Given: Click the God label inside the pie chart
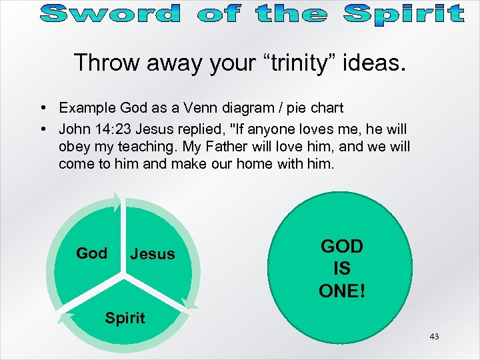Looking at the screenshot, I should [91, 253].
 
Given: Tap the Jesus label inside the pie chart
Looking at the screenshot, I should [153, 254].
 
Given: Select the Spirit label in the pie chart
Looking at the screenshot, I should [125, 318].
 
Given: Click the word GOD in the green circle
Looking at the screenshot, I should [342, 246].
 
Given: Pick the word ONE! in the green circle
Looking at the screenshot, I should [342, 291].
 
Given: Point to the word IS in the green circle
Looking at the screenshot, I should [342, 269].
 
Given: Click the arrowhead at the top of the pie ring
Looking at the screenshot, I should [117, 199].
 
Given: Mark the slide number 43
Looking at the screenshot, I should [434, 337].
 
